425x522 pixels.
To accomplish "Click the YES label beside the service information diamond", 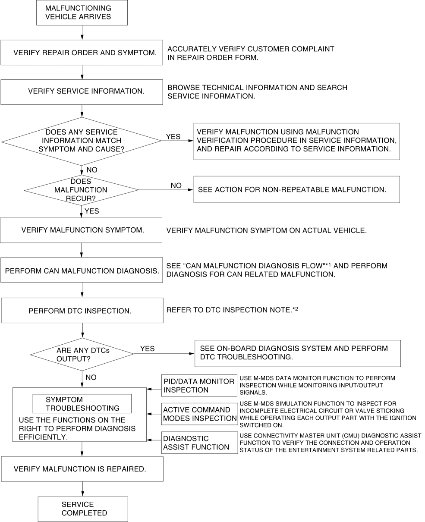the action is pyautogui.click(x=173, y=136).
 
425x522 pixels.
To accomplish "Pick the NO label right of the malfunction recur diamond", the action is pyautogui.click(x=176, y=186).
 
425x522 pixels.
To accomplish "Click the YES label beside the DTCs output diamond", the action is pyautogui.click(x=147, y=349).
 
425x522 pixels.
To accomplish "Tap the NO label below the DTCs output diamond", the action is pyautogui.click(x=91, y=377).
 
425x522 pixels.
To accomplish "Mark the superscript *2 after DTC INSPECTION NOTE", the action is pyautogui.click(x=296, y=309).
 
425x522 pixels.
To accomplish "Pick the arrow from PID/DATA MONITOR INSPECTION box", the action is pyautogui.click(x=154, y=389).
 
